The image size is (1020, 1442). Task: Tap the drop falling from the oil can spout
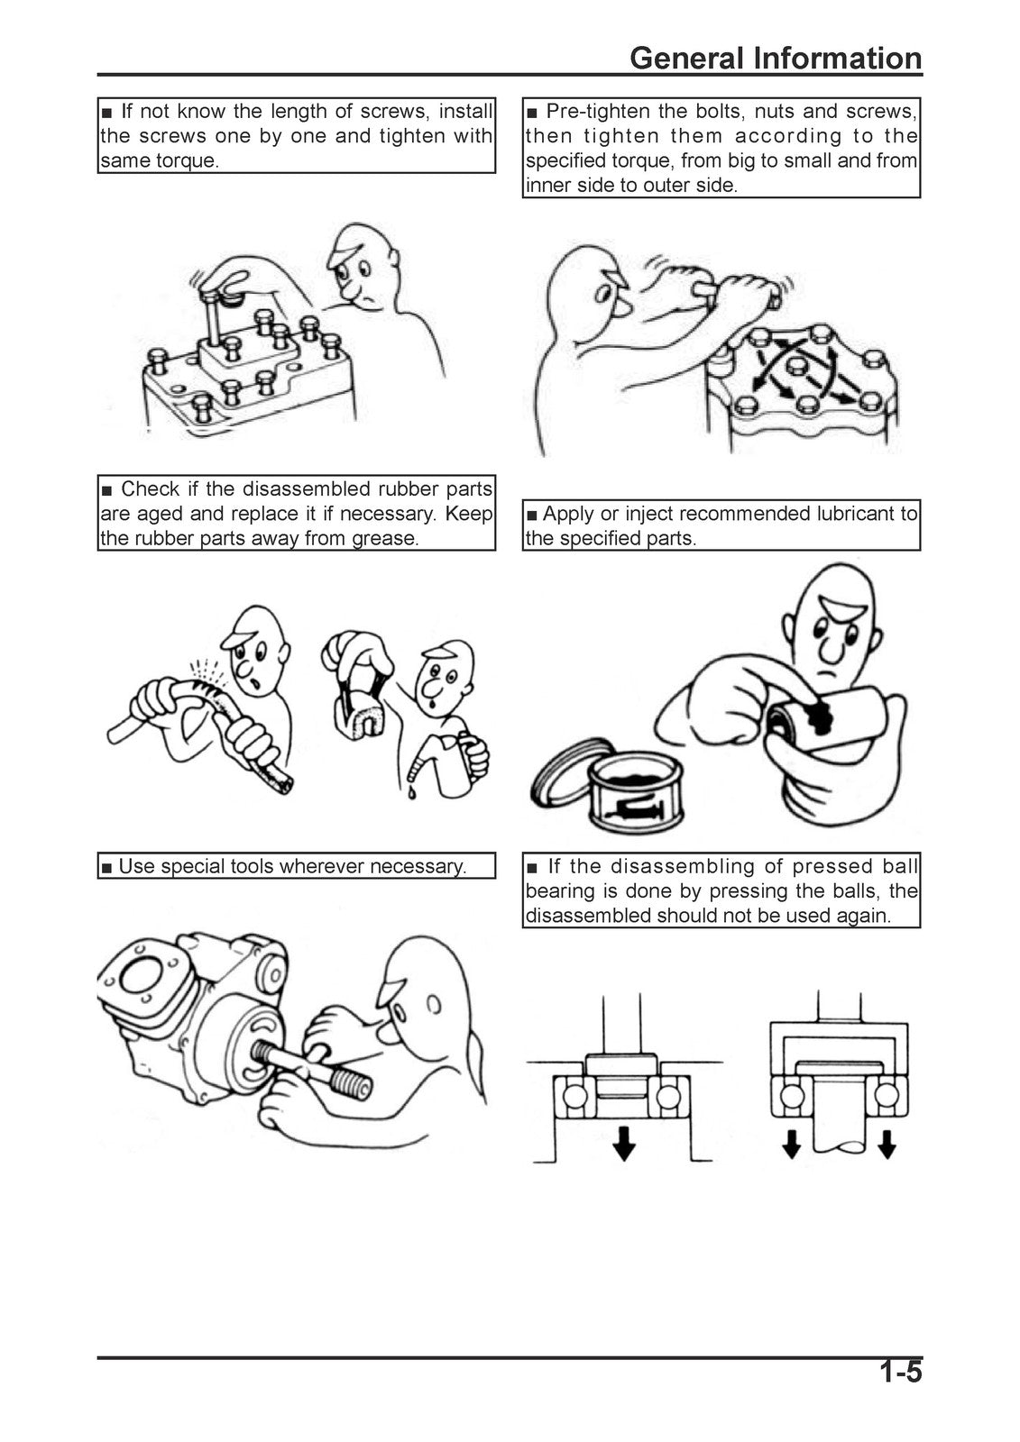click(410, 793)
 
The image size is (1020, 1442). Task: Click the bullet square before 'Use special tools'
click(107, 869)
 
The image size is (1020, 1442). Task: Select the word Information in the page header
click(838, 58)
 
